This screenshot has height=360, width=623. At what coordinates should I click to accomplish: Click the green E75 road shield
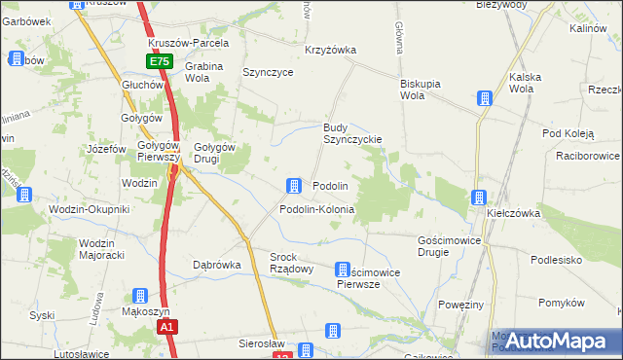161,61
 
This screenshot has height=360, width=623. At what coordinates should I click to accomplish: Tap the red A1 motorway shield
167,328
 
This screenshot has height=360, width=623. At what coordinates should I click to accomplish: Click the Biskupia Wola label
425,90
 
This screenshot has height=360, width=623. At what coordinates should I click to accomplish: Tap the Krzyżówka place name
330,50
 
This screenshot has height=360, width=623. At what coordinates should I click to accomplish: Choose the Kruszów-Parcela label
189,44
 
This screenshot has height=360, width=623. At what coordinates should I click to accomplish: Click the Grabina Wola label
203,72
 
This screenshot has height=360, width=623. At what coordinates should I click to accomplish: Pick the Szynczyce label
268,72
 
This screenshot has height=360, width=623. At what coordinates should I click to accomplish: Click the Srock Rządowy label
290,263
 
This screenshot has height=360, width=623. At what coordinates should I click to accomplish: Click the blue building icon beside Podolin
293,186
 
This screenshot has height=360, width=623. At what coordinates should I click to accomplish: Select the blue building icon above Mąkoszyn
140,296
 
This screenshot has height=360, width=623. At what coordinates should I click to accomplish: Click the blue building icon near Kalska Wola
484,98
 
